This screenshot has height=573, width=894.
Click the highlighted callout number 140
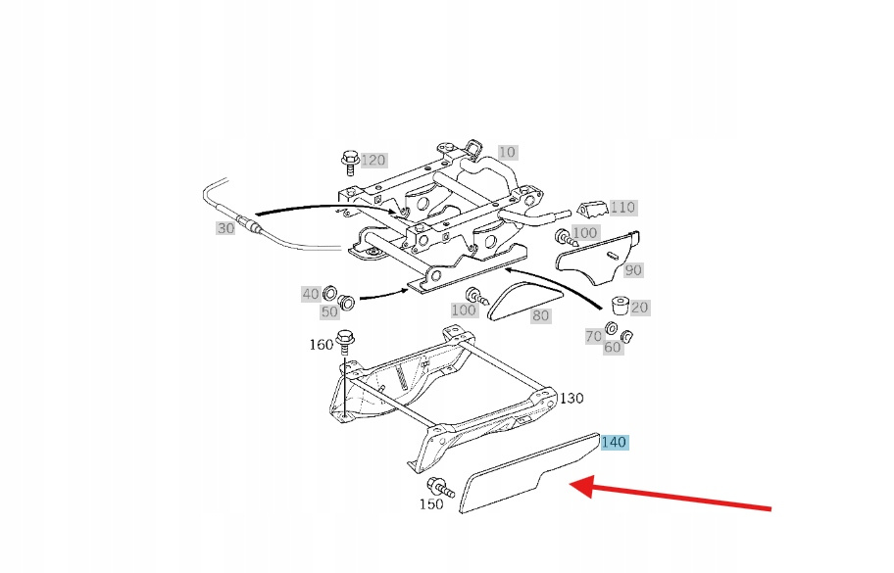click(x=614, y=442)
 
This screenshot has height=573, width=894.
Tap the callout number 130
click(x=571, y=398)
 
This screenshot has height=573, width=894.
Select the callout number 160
click(x=321, y=345)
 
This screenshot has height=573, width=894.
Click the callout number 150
click(x=431, y=504)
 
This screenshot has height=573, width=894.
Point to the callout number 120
click(x=373, y=160)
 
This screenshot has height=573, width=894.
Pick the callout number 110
click(x=622, y=208)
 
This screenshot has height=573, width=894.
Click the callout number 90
click(x=633, y=270)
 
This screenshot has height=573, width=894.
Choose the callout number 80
click(x=540, y=315)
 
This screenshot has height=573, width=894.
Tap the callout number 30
click(x=225, y=228)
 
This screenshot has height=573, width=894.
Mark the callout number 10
click(x=507, y=152)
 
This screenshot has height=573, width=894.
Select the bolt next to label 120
click(x=349, y=162)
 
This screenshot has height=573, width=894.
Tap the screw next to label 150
click(x=440, y=488)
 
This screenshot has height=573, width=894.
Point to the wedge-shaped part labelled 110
click(x=592, y=210)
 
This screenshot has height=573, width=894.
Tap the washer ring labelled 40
click(x=329, y=294)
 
